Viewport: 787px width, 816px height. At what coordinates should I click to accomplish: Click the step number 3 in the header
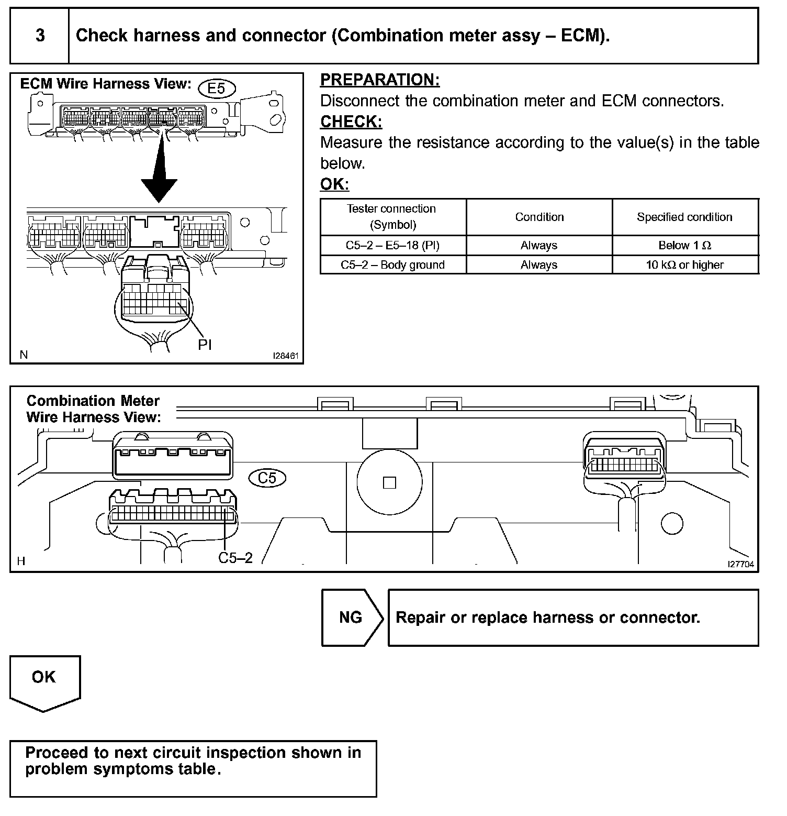[x=40, y=36]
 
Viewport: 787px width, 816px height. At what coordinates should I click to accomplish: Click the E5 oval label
[x=216, y=89]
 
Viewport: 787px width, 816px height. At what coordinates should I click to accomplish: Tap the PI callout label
[x=205, y=345]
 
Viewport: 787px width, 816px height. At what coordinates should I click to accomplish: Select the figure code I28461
[x=285, y=356]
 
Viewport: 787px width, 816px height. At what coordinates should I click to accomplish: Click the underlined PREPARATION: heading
[x=380, y=80]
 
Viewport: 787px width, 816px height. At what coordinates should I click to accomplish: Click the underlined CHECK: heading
[x=351, y=122]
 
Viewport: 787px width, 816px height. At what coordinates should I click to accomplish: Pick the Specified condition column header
[x=684, y=217]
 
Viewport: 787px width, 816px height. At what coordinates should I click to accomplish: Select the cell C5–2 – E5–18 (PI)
[x=392, y=245]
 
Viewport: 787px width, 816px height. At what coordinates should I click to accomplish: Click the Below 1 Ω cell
[x=684, y=245]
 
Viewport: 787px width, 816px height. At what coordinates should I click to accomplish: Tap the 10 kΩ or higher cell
[x=684, y=265]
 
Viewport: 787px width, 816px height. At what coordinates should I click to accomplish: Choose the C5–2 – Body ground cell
[x=392, y=265]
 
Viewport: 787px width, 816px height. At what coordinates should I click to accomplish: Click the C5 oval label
[x=267, y=478]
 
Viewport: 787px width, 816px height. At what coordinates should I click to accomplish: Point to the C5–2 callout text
[x=235, y=558]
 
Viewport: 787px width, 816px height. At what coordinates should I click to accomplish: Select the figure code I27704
[x=740, y=564]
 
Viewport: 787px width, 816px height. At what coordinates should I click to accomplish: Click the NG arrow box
[x=351, y=617]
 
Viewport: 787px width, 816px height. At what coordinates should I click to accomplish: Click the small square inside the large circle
[x=389, y=482]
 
